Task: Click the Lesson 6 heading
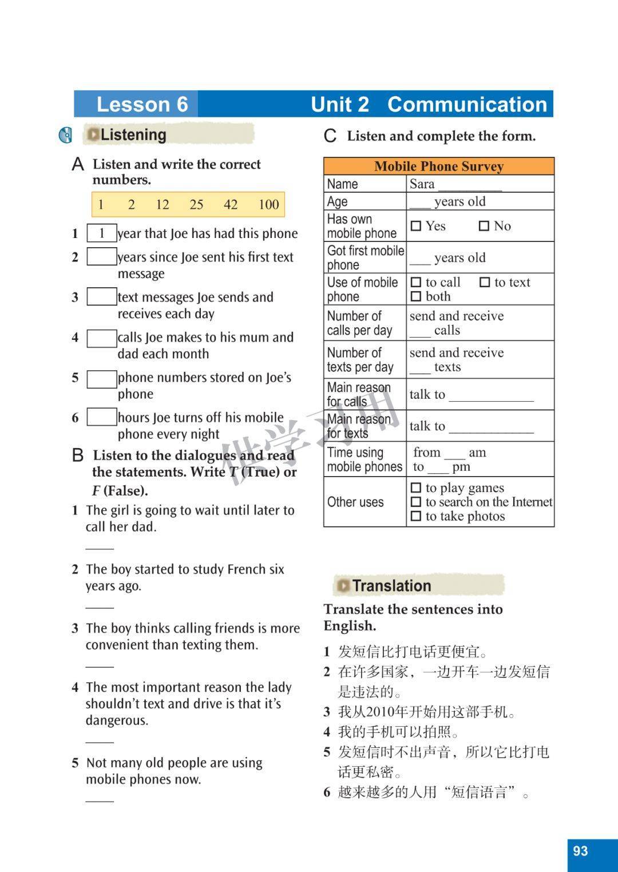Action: pyautogui.click(x=142, y=104)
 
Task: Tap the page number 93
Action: pyautogui.click(x=580, y=851)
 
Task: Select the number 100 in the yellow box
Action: pyautogui.click(x=268, y=205)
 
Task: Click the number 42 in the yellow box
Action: pyautogui.click(x=231, y=205)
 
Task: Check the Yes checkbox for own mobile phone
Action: pyautogui.click(x=416, y=226)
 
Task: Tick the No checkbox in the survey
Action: pyautogui.click(x=484, y=226)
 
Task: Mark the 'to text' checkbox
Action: pyautogui.click(x=485, y=282)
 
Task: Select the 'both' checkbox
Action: pyautogui.click(x=416, y=296)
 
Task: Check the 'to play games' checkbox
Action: pyautogui.click(x=416, y=488)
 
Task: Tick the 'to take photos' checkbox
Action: pyautogui.click(x=416, y=516)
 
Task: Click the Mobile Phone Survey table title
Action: pyautogui.click(x=439, y=167)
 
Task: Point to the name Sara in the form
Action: pyautogui.click(x=422, y=184)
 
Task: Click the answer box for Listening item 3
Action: pyautogui.click(x=101, y=297)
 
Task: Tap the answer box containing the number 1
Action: pyautogui.click(x=101, y=233)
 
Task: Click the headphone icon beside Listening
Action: pyautogui.click(x=66, y=136)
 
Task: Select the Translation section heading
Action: pyautogui.click(x=391, y=586)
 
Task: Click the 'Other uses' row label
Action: pyautogui.click(x=355, y=502)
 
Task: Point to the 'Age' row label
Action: pyautogui.click(x=338, y=201)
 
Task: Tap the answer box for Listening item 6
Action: pyautogui.click(x=101, y=417)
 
